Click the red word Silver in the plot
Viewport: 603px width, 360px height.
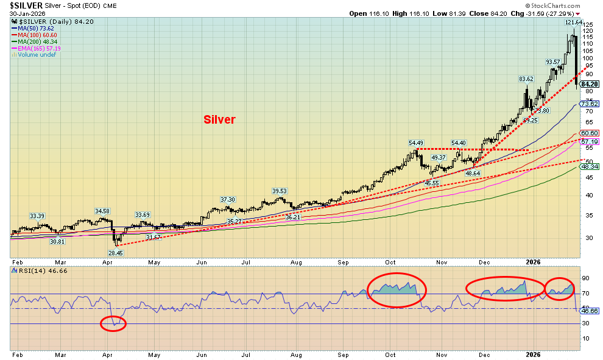[219, 120]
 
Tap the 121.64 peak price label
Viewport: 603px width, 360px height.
[573, 23]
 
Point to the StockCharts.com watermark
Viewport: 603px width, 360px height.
[547, 5]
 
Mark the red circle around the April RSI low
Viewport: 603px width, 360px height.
[113, 323]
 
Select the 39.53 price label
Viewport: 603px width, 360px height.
[279, 191]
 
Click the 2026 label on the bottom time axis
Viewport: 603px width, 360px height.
[534, 354]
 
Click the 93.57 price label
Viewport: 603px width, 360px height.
[552, 62]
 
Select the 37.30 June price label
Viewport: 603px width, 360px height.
[227, 199]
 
